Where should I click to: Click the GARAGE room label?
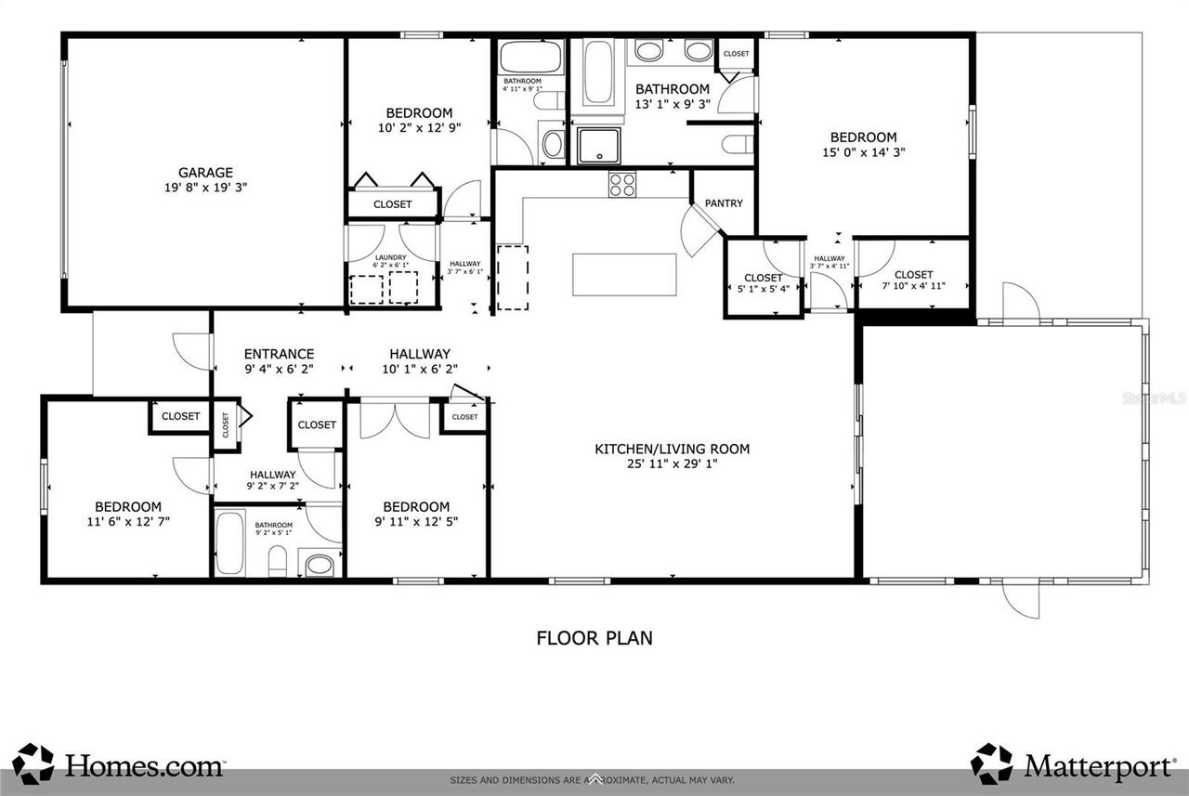coord(206,172)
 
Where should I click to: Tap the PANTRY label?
coord(724,202)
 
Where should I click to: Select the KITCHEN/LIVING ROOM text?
coord(672,449)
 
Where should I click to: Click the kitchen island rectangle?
coord(624,274)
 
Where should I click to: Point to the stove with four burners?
coord(621,185)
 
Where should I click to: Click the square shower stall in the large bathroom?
coord(601,146)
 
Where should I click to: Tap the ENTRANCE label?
coord(279,354)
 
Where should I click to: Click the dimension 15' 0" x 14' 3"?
coord(863,152)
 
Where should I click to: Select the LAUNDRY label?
coord(391,257)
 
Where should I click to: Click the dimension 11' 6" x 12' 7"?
coord(128,521)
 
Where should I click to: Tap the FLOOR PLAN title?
coord(594,638)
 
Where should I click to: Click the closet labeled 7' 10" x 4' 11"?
coord(913,280)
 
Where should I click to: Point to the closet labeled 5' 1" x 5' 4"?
coord(763,282)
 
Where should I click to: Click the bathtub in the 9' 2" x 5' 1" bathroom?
coord(229,542)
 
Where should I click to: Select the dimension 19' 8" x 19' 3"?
coord(206,187)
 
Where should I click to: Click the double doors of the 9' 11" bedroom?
coord(396,419)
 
